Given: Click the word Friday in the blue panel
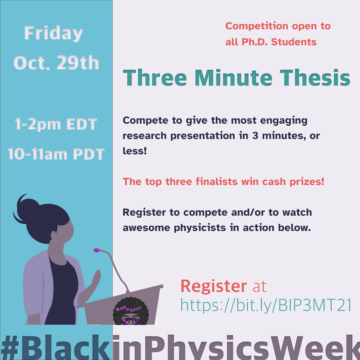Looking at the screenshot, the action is coord(53,34).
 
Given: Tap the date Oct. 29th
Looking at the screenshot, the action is coord(56,63).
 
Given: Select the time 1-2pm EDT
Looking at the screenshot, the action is coord(56,124).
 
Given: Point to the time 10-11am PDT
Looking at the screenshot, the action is coord(56,154).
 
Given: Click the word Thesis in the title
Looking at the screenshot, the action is coord(315,78).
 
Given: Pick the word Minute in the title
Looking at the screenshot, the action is coord(233,78).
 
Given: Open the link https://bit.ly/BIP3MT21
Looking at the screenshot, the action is coord(266,305).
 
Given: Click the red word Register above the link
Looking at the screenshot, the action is coord(214,286).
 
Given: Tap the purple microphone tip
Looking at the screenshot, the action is coord(97,250).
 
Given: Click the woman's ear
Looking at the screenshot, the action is coord(53,235).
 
